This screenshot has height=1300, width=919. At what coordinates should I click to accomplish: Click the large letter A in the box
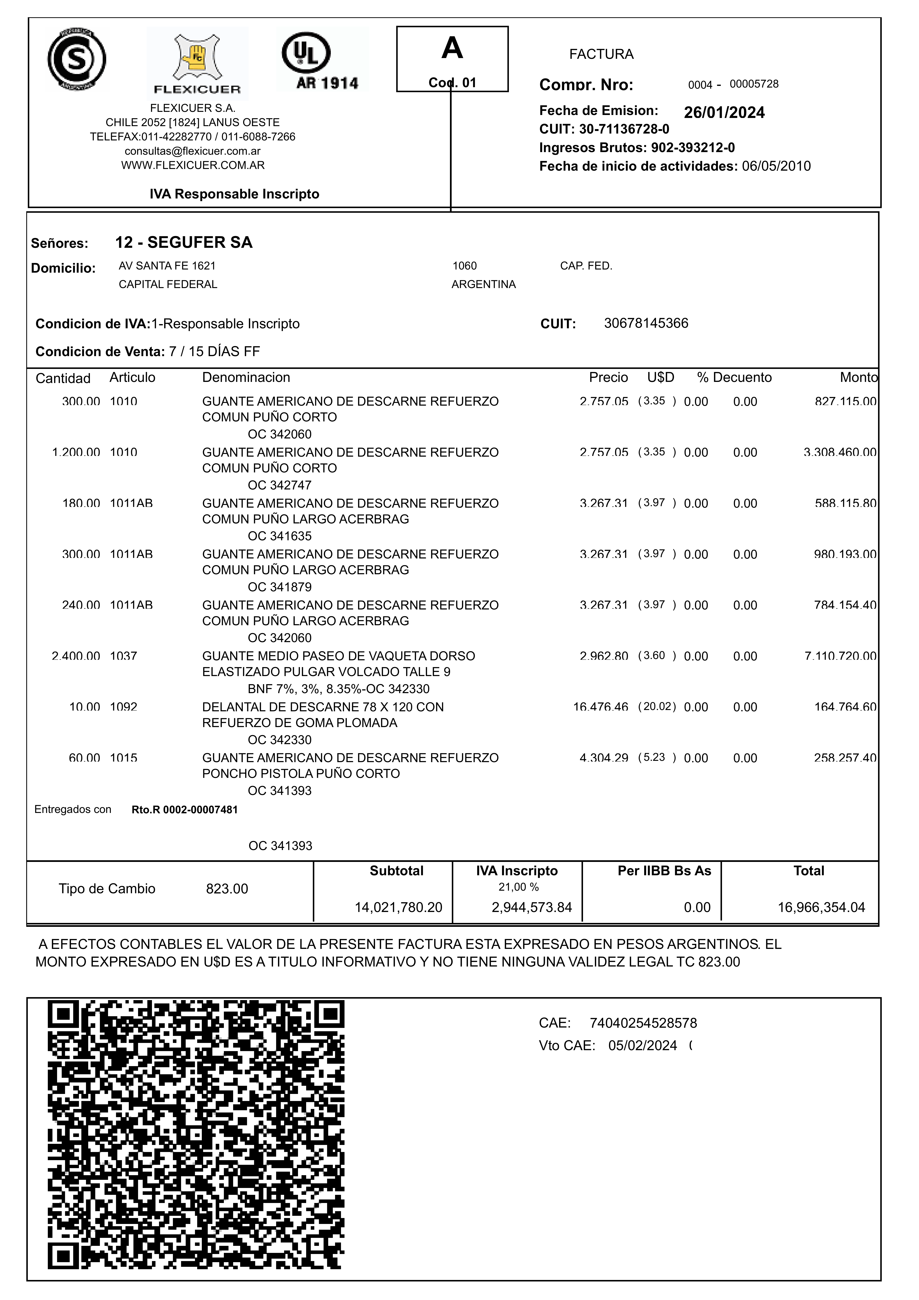point(452,48)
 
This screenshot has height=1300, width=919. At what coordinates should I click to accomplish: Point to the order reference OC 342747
point(279,485)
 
